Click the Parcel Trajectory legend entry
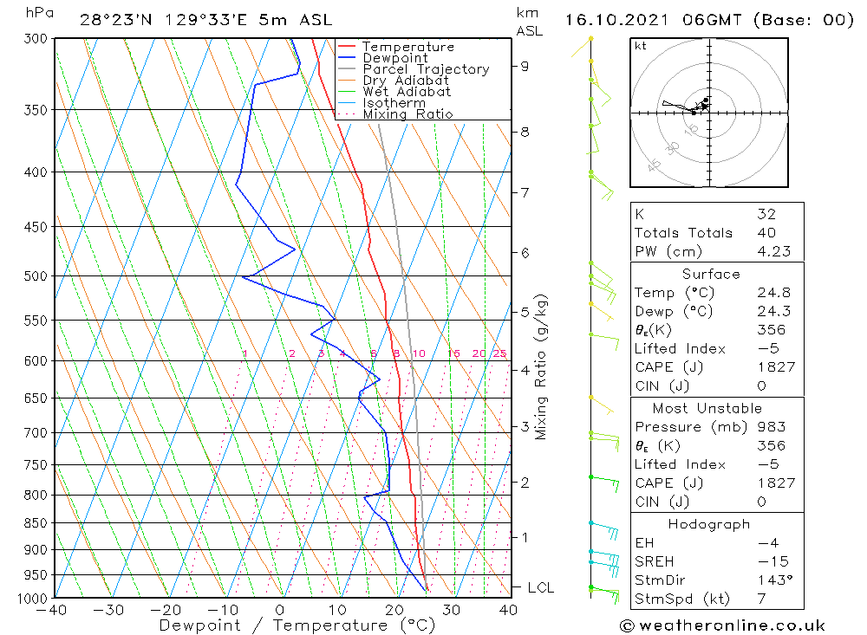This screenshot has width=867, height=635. coord(426,69)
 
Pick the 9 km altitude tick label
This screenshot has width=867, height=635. coord(525,66)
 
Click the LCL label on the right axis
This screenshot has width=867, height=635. coord(540,587)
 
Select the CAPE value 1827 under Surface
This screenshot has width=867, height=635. coord(775,367)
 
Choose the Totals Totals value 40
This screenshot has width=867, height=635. coord(766,232)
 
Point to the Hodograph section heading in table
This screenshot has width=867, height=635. coord(710,524)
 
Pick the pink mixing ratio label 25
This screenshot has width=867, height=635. coord(499,353)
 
